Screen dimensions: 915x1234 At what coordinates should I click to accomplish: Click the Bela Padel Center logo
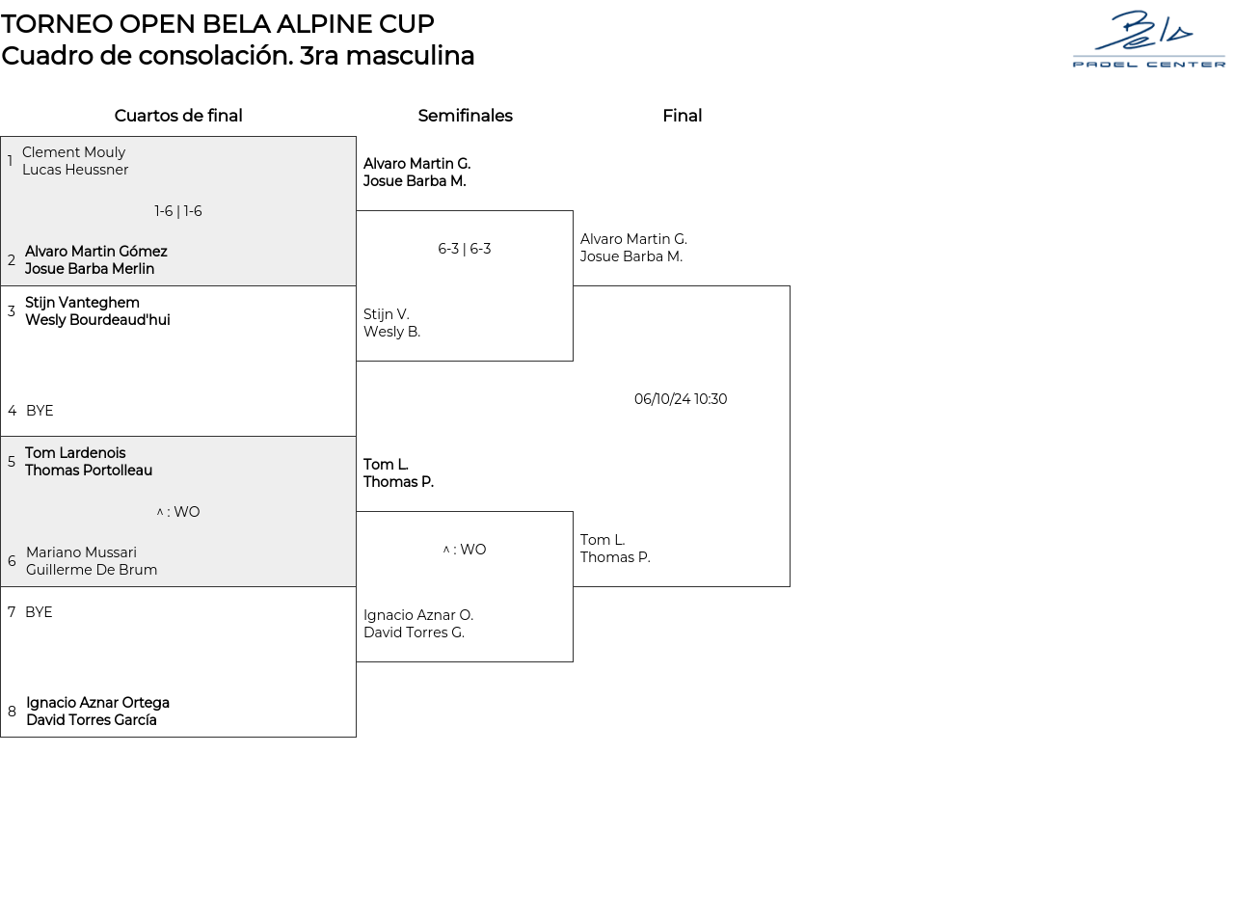coord(1148,40)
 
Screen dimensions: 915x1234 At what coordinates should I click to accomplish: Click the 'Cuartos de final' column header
coord(178,116)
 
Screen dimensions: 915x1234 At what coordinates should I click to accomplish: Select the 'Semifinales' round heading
coord(465,116)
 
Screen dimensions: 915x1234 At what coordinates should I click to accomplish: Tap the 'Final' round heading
coord(682,116)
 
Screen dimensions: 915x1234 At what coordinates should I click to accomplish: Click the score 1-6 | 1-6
coord(178,211)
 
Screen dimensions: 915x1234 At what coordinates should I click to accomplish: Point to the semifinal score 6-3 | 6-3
coord(465,249)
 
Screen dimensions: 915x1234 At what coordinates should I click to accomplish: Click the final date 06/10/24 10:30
coord(681,399)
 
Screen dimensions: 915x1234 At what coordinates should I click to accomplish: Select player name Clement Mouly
coord(74,152)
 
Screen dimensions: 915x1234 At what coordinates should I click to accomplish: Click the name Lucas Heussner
coord(75,170)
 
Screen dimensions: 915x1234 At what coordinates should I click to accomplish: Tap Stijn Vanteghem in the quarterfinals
coord(82,303)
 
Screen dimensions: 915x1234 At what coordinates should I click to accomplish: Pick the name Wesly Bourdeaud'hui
coord(97,320)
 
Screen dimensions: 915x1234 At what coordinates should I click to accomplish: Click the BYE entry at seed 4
coord(40,411)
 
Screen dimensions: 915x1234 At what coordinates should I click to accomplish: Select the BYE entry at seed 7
coord(39,612)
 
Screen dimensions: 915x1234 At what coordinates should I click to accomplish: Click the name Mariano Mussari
coord(81,552)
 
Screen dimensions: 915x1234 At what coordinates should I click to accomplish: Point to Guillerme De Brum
coord(92,570)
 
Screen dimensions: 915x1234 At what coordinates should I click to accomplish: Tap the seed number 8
coord(12,712)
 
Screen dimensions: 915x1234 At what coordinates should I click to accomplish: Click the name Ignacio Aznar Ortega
coord(97,703)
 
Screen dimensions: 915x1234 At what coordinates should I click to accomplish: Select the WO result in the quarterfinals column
coord(178,512)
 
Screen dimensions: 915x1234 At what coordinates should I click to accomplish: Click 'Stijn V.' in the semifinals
coord(387,314)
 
